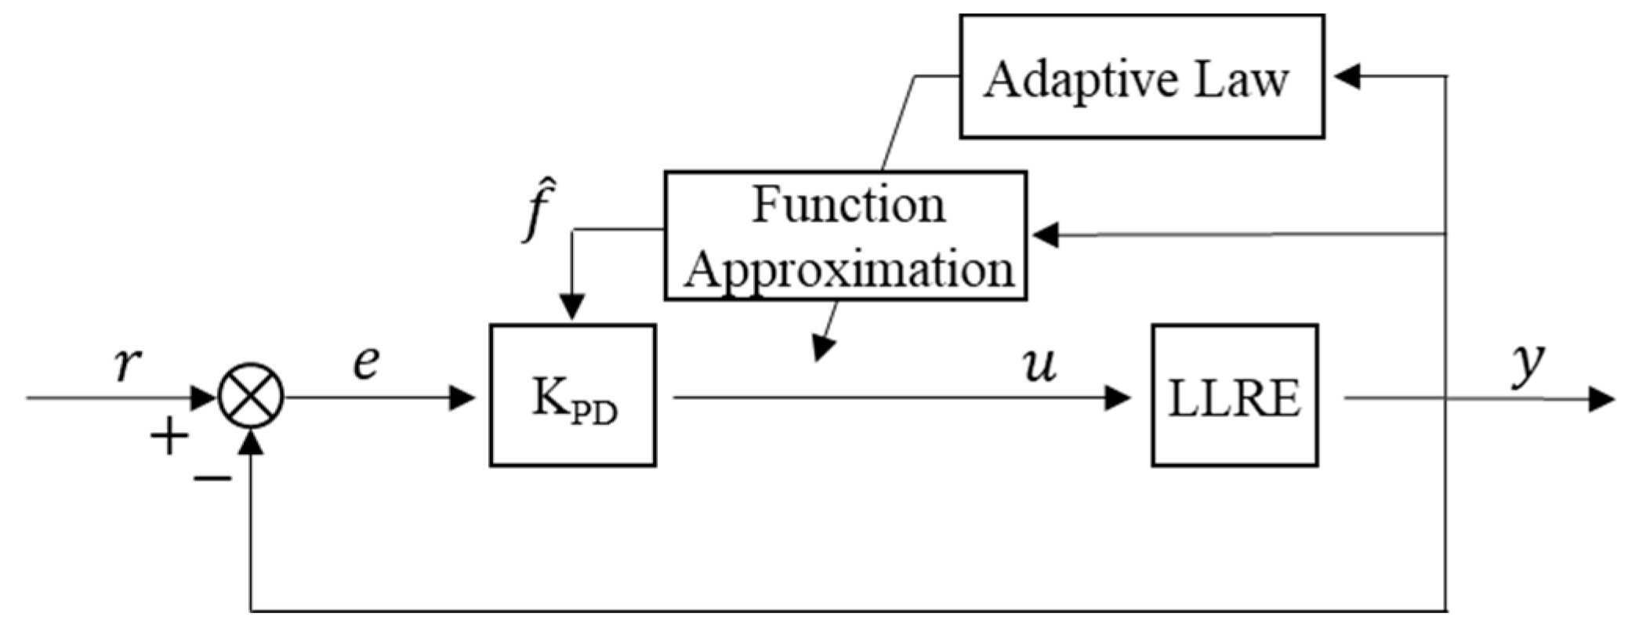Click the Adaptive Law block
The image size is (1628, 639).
(x=1141, y=77)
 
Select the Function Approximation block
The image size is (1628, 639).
(x=845, y=235)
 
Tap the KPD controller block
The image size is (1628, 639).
(x=573, y=395)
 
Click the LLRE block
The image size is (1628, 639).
(x=1235, y=395)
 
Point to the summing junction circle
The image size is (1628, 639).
(x=251, y=395)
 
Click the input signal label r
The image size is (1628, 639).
(x=128, y=363)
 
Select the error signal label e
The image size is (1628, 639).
(x=366, y=361)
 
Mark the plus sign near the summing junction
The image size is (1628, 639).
(x=169, y=437)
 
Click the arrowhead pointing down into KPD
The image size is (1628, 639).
(x=572, y=306)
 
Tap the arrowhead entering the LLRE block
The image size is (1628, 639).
(x=1117, y=398)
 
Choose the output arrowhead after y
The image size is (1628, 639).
(x=1601, y=399)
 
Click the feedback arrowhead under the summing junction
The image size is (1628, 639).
(x=251, y=443)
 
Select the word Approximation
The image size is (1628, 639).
(x=849, y=269)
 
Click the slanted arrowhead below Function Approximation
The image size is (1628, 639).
(x=821, y=347)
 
